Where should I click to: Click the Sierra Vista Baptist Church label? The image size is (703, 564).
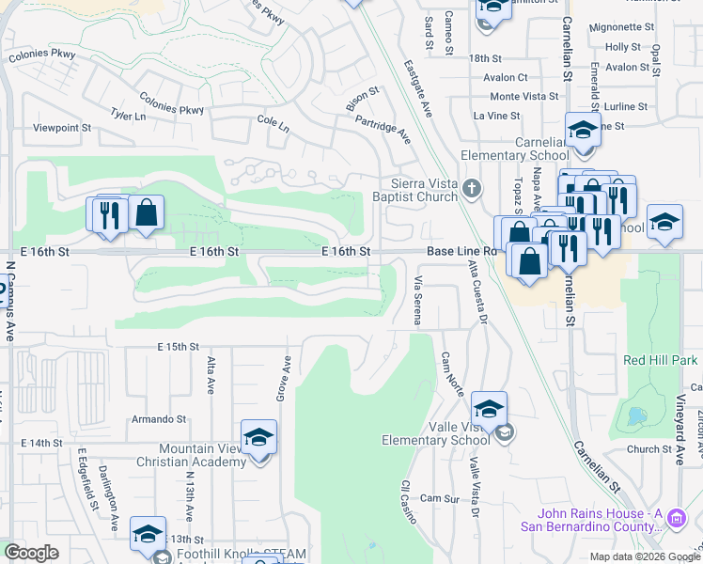(x=426, y=191)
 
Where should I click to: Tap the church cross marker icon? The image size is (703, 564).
(x=473, y=191)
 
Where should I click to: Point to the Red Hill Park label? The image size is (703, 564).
(x=661, y=360)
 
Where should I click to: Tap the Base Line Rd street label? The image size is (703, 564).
(x=461, y=252)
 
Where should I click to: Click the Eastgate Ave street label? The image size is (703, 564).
(x=417, y=89)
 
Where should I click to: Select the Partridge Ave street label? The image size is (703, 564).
(x=383, y=129)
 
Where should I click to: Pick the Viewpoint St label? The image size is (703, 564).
(x=62, y=127)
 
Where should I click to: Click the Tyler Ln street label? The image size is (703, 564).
(x=128, y=116)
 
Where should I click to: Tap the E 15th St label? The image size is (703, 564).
(x=179, y=348)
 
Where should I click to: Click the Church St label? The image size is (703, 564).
(x=649, y=449)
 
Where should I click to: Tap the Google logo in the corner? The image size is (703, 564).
(x=32, y=553)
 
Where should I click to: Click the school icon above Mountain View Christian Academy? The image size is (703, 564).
(x=258, y=438)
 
